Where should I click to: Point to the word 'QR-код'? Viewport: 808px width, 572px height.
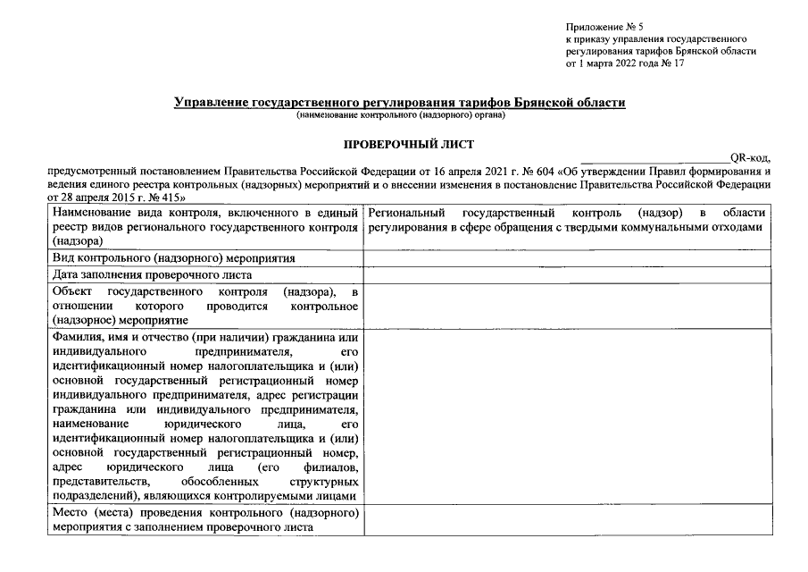click(x=755, y=158)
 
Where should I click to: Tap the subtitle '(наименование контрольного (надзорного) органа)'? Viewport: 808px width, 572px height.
click(x=401, y=115)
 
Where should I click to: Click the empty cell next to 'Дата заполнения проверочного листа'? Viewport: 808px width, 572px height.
click(x=567, y=274)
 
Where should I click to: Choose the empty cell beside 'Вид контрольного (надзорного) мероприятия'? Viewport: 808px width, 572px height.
click(x=567, y=257)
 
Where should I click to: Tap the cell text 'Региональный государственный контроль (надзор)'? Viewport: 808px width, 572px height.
click(x=527, y=213)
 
